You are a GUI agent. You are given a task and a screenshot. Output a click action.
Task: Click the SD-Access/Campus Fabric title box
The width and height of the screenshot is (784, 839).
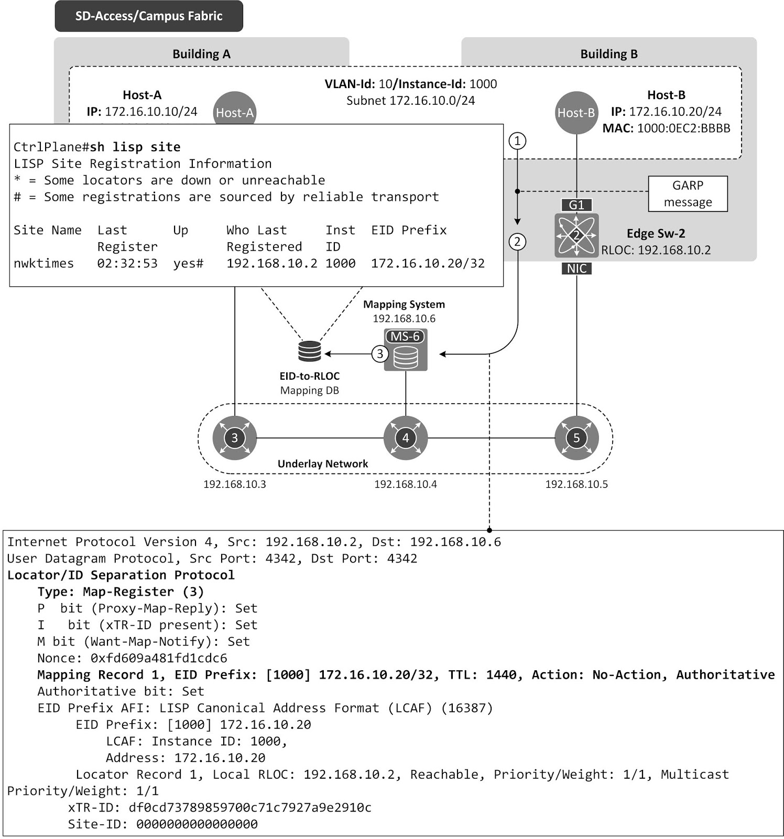pos(149,16)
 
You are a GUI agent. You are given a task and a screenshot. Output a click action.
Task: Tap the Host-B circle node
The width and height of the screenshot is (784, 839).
pos(576,113)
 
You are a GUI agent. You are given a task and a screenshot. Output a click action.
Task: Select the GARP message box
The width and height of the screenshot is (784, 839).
pos(688,193)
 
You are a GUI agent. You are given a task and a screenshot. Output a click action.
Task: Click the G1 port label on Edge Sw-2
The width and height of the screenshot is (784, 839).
pos(576,205)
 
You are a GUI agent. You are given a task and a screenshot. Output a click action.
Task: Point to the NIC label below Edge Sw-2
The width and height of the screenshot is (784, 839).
pos(576,268)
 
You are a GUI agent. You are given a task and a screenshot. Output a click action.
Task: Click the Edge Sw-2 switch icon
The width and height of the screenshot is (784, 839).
pos(576,236)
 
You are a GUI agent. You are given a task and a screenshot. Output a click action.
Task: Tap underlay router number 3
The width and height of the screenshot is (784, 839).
pos(234,438)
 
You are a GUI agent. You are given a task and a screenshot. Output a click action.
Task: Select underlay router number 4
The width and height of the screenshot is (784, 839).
pos(406,438)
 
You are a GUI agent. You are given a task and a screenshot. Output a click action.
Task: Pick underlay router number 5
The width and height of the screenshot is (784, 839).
pos(576,438)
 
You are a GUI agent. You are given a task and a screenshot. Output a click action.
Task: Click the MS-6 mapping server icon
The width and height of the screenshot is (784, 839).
pos(406,350)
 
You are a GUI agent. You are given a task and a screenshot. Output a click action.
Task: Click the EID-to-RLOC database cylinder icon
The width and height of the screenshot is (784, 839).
pos(310,351)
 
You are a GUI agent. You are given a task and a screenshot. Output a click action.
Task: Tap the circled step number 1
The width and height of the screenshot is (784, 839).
pos(517,141)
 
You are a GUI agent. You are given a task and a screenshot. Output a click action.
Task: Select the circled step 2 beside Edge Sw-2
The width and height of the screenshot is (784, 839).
pos(517,242)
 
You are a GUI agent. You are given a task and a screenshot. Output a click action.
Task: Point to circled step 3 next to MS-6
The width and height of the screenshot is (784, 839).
pos(380,354)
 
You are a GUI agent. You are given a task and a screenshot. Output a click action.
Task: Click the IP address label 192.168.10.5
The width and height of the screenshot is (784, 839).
pos(576,484)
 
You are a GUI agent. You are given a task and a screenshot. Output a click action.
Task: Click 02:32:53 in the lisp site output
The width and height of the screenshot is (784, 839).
pos(127,263)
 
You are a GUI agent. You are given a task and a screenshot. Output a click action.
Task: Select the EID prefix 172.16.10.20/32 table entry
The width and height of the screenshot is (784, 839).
pos(428,263)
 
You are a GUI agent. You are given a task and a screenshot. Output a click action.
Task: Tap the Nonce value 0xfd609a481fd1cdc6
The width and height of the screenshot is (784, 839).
pos(159,658)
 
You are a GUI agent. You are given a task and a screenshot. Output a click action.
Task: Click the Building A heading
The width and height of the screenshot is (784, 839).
pos(201,54)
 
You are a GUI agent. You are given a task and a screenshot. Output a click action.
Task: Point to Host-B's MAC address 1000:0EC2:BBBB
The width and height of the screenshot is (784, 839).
pos(683,128)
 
